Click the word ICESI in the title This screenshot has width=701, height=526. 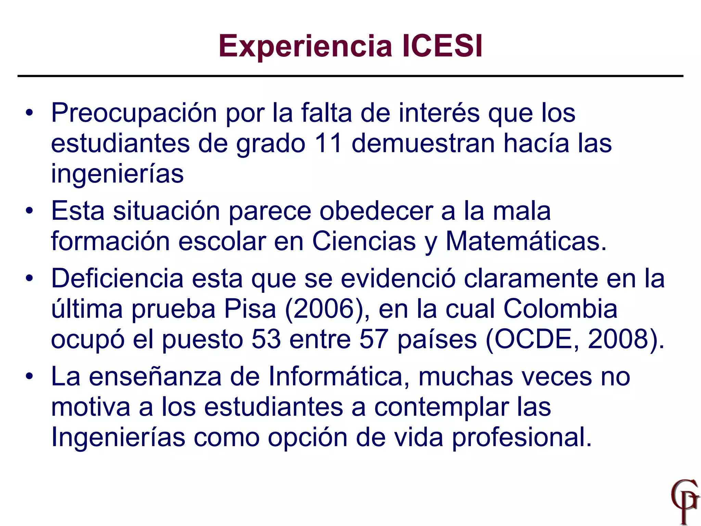pos(442,46)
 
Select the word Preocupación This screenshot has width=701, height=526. pos(134,113)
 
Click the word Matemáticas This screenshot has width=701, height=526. pos(526,241)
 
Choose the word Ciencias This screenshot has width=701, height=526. pos(364,241)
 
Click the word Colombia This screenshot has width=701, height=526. pos(560,309)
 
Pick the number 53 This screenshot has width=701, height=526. pos(266,339)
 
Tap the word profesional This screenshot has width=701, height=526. pos(522,437)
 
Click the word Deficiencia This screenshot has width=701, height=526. pos(117,278)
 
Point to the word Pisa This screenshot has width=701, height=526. pos(250,309)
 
